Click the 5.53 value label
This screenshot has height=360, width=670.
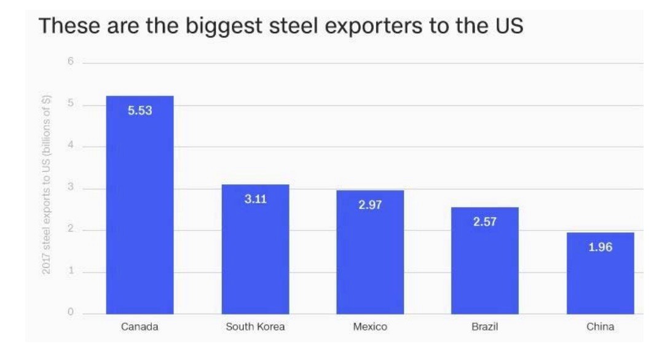click(x=140, y=111)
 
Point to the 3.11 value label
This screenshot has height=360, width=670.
click(x=255, y=200)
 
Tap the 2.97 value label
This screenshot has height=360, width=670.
click(x=370, y=205)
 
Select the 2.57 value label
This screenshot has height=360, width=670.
click(x=485, y=222)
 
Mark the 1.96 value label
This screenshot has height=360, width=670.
click(x=600, y=248)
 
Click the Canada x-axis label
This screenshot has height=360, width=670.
click(x=140, y=327)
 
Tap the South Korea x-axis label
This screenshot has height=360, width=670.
click(x=255, y=327)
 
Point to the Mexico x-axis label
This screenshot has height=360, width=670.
click(x=370, y=327)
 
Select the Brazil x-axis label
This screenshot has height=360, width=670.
click(x=485, y=327)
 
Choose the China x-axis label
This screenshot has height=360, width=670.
click(x=600, y=327)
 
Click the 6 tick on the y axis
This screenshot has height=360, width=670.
click(x=71, y=63)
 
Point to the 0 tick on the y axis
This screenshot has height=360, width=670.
click(x=71, y=314)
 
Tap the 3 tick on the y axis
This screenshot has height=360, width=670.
click(x=71, y=188)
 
